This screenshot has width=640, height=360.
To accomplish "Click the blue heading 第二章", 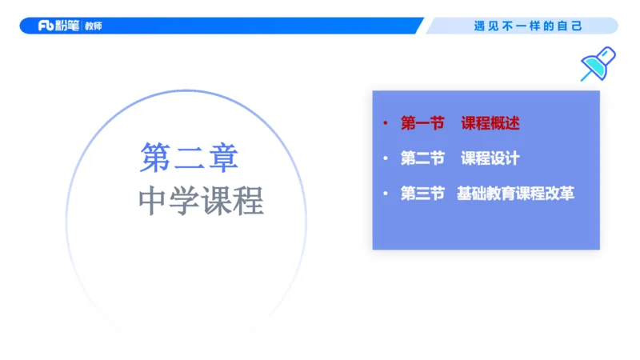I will (x=190, y=158).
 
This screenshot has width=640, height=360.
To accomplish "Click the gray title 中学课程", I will (x=201, y=201).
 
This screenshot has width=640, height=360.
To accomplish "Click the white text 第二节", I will (x=422, y=158).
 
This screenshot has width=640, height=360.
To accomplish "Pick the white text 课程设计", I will (x=490, y=158).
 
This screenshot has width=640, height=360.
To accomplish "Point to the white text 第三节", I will (x=422, y=194).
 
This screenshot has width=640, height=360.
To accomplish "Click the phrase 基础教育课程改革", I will (x=516, y=194).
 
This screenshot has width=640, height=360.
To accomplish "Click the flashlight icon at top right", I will (x=598, y=65).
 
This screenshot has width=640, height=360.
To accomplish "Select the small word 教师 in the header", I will (x=93, y=26).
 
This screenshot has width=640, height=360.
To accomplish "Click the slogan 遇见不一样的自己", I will (x=528, y=26).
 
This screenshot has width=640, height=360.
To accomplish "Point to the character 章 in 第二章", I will (x=223, y=158).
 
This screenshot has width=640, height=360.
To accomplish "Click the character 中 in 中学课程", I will (x=154, y=201).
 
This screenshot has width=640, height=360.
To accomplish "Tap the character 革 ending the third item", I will (x=566, y=194).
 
